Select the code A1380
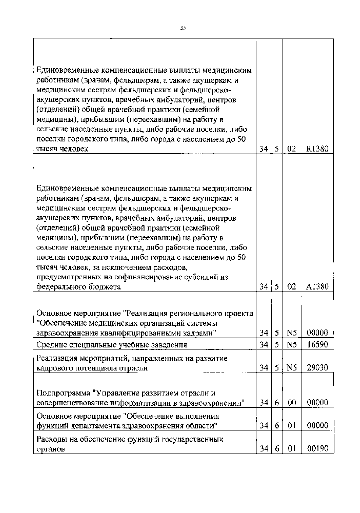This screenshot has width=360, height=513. (317, 287)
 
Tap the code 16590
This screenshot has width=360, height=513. (317, 344)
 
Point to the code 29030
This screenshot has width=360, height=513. (317, 367)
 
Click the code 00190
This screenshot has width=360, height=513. (317, 449)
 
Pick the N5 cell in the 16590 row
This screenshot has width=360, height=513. (292, 344)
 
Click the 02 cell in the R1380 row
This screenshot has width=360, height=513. (292, 149)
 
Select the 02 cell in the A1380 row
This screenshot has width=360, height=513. (292, 287)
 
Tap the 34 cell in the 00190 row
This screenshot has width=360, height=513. (264, 449)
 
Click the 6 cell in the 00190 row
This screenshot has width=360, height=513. (277, 449)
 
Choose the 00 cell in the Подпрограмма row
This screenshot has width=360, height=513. (292, 403)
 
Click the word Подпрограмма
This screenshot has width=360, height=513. (63, 393)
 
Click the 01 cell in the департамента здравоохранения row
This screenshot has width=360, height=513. (292, 425)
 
